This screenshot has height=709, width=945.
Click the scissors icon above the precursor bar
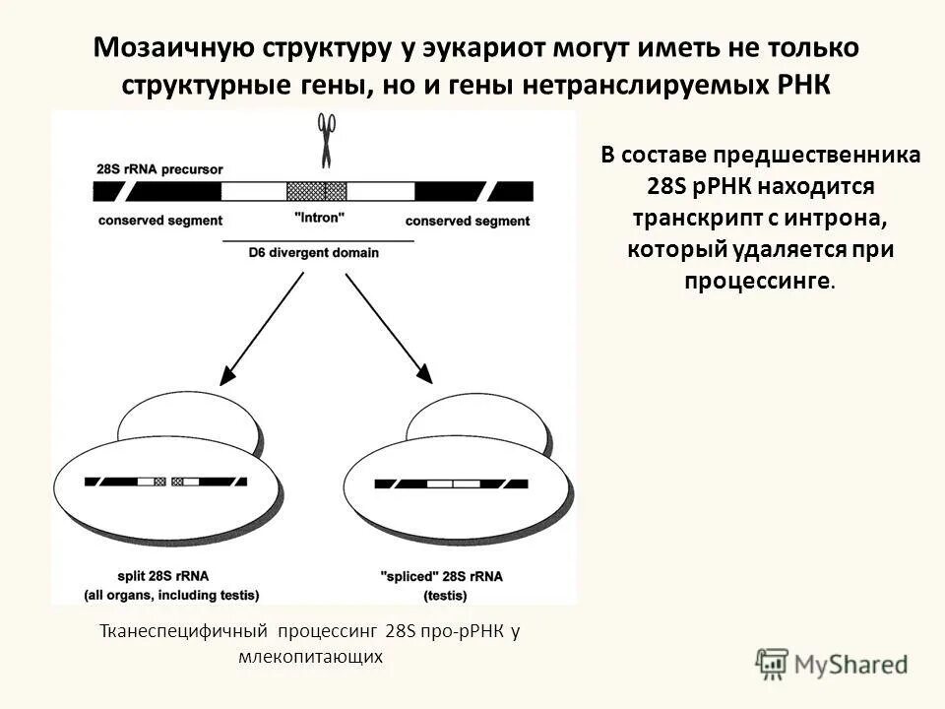[326, 139]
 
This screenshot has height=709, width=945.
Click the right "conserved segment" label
[468, 221]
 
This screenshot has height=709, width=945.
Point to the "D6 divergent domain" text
[314, 253]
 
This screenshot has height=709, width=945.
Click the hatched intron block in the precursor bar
[316, 191]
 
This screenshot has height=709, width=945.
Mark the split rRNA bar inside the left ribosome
[166, 483]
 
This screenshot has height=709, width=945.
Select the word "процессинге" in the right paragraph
[756, 281]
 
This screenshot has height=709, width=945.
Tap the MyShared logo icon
[772, 662]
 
